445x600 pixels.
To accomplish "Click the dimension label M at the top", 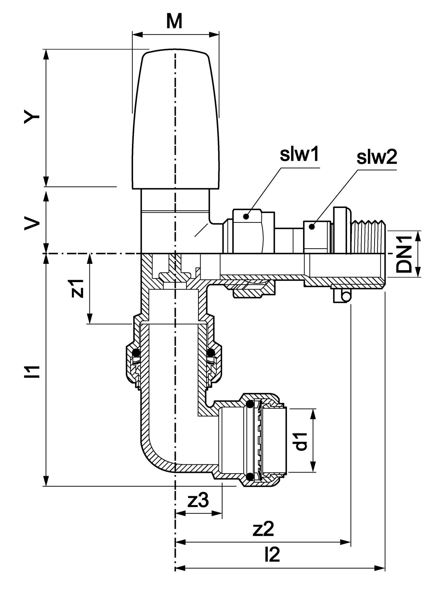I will point(174,22).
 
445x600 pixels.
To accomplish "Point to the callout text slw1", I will point(299,156).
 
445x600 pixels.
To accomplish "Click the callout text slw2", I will point(376,158).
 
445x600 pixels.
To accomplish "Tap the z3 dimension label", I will point(198,501).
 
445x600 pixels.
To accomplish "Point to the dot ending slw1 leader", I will point(245,216).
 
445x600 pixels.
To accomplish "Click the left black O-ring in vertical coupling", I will point(136,351).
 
